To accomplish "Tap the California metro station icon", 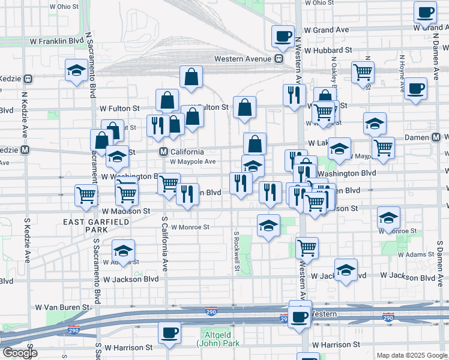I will coord(163,152).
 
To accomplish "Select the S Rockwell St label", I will coord(237,251).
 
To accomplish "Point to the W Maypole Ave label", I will coord(192,161).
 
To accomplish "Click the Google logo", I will coord(19,353).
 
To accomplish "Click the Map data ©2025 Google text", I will coord(411,355).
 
